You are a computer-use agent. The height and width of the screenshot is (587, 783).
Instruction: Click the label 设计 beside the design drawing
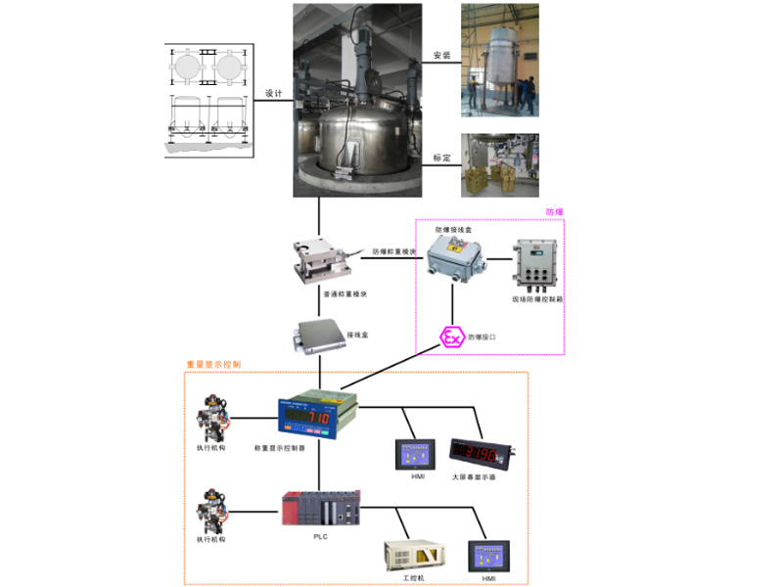(274, 95)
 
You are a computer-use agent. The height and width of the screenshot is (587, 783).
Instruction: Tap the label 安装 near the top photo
(441, 56)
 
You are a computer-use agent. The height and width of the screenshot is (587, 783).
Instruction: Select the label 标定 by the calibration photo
(441, 158)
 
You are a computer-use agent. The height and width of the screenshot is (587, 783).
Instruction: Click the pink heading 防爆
(555, 211)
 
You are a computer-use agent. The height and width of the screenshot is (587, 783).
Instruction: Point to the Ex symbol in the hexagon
(451, 338)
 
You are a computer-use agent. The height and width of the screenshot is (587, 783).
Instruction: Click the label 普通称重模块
(345, 293)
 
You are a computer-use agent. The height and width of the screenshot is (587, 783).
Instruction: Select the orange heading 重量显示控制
(212, 365)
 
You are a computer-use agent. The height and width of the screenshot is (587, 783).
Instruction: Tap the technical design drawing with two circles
(207, 98)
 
